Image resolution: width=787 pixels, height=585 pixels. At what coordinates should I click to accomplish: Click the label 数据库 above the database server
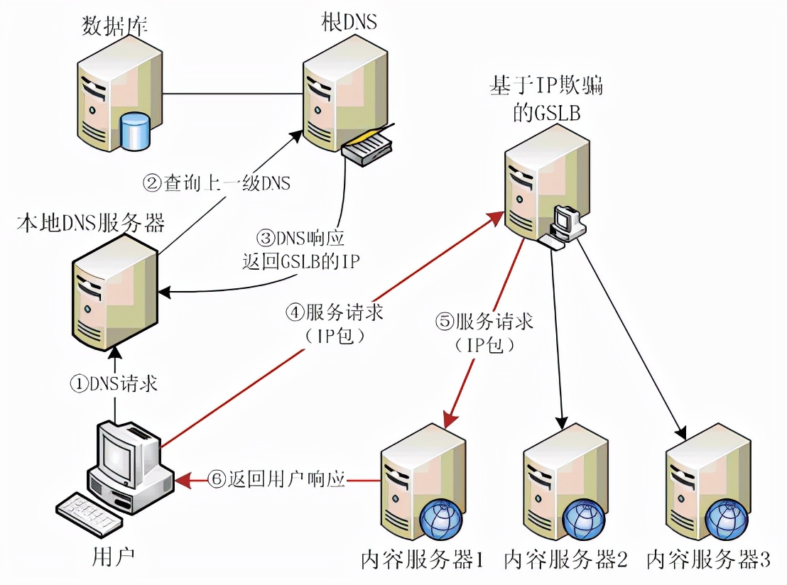[x=115, y=27]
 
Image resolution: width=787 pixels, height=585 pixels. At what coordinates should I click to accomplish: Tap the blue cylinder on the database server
[x=135, y=131]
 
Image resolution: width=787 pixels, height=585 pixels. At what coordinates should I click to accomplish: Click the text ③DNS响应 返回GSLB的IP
[x=300, y=249]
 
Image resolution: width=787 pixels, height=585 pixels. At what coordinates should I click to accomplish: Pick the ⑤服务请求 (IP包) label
[x=485, y=332]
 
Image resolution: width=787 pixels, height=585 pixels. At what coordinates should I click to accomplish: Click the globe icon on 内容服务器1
[x=440, y=521]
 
